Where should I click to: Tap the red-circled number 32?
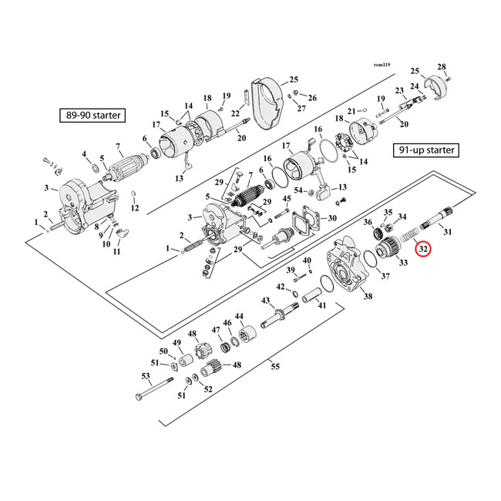pos(422,249)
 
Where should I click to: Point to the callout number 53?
pos(145,376)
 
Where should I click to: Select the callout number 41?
pos(322,305)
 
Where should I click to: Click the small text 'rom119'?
pos(383,66)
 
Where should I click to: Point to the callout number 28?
pos(442,66)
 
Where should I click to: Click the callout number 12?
pos(134,208)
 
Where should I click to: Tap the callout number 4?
pos(84,154)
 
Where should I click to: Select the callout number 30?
pos(332,218)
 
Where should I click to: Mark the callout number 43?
pos(264,300)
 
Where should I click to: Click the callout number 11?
pos(117,252)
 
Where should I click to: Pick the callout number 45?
pos(287,199)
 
